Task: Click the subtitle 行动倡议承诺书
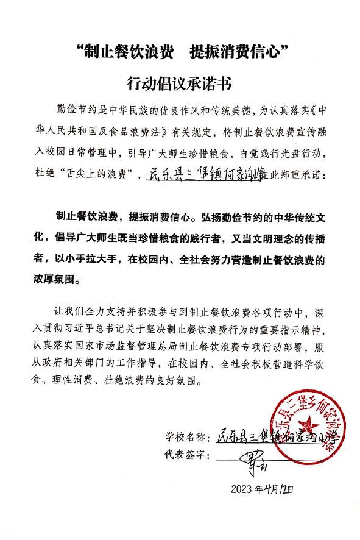180,82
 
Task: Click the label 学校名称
185,438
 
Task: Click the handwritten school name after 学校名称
274,438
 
